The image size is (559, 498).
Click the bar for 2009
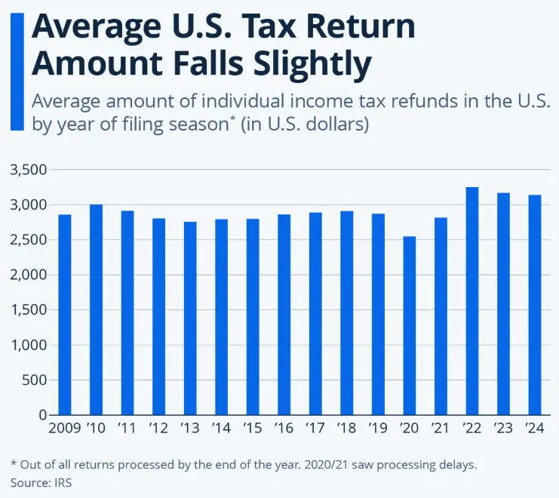click(65, 315)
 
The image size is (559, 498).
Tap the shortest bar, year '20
click(409, 325)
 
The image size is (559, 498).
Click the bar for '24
click(534, 305)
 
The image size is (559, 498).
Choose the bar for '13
click(190, 318)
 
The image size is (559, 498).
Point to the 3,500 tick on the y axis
click(29, 170)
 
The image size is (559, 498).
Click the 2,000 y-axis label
click(29, 275)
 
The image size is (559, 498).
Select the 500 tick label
click(35, 380)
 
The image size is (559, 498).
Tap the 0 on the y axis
click(42, 415)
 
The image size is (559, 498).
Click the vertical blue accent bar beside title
click(17, 72)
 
